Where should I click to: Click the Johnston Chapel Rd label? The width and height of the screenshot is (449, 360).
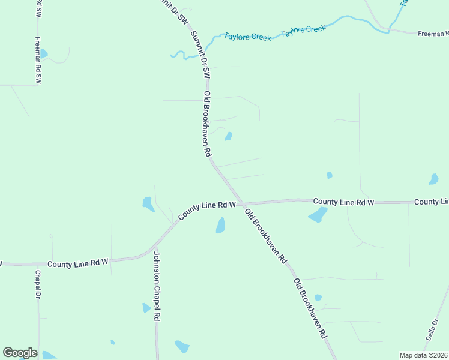(156, 286)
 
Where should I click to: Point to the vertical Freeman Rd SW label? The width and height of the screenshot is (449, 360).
(38, 61)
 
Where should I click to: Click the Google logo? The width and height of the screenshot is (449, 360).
(20, 353)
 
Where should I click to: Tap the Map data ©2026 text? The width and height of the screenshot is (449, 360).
(423, 355)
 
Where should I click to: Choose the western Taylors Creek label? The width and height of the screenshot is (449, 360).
(247, 36)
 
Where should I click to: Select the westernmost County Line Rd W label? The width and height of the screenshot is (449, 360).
(77, 263)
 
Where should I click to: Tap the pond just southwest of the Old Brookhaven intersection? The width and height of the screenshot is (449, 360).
(220, 226)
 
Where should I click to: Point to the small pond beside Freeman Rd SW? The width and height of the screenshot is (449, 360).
(43, 54)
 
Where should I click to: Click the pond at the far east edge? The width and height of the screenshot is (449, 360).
(433, 179)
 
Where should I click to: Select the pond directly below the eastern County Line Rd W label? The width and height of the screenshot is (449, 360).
(318, 215)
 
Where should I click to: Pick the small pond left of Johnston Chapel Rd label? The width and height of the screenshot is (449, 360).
(146, 308)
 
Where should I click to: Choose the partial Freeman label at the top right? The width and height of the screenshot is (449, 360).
(433, 34)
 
